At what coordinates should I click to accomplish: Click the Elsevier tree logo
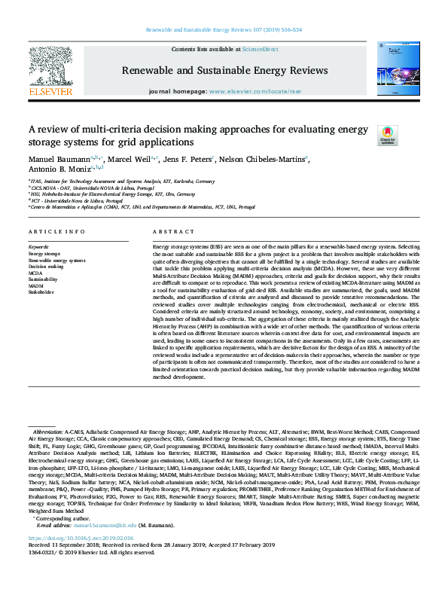[x=50, y=66]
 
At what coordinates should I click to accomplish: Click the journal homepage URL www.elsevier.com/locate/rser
[x=256, y=91]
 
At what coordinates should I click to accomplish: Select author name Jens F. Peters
[x=188, y=160]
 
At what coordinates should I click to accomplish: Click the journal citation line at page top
[x=223, y=31]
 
